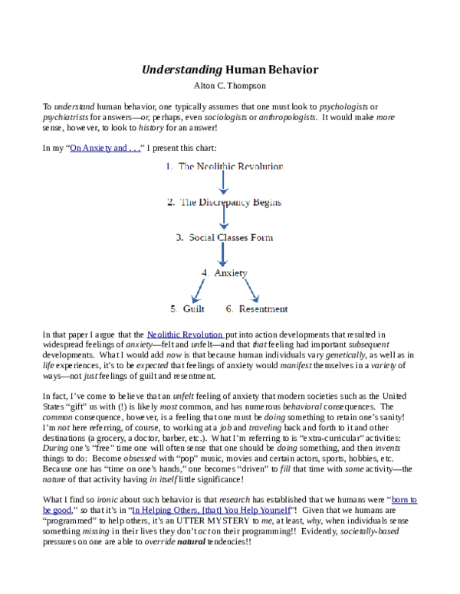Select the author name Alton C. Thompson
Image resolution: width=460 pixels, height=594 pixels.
230,86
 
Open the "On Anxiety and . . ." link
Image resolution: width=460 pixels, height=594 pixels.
104,148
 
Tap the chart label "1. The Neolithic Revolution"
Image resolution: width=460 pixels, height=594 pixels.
224,166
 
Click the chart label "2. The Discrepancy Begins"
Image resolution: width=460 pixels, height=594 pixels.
224,203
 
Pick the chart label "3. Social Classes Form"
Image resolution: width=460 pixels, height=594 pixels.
224,237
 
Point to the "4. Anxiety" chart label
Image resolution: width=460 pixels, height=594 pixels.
224,273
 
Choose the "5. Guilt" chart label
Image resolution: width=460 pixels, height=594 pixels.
186,309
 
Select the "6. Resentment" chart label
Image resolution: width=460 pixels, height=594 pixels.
257,309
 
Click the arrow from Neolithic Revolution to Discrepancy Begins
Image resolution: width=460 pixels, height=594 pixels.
223,184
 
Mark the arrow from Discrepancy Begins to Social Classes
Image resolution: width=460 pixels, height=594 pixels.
223,220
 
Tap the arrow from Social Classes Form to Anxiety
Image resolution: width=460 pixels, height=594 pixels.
223,255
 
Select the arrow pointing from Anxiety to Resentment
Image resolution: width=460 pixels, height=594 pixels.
246,291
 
